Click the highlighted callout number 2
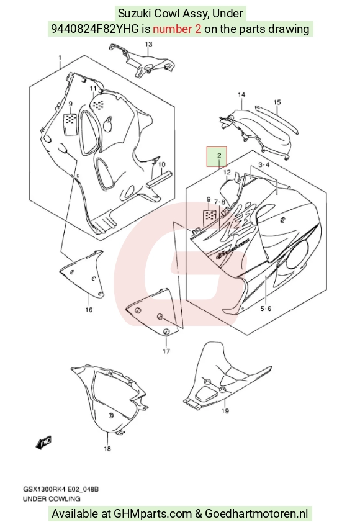point(219,155)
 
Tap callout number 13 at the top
point(148,44)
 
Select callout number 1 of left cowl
point(60,58)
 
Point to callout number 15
point(277,102)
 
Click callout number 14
point(241,95)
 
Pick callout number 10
point(161,164)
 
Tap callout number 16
point(89,310)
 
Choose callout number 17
point(166,351)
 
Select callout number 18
point(107,448)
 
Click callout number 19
point(225,411)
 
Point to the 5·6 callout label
point(266,309)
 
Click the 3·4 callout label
point(264,164)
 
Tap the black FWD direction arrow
point(43,443)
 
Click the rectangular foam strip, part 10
point(160,179)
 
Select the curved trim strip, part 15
point(276,119)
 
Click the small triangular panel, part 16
point(83,274)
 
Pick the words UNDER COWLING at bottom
point(52,499)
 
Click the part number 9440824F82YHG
point(95,29)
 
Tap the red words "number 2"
point(177,29)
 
